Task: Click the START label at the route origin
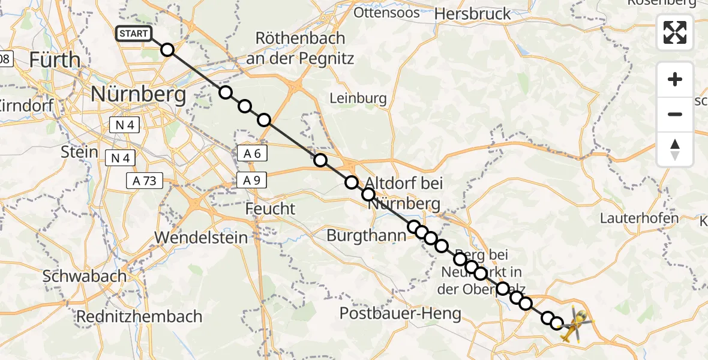point(134,34)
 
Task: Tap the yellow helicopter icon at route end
point(574,325)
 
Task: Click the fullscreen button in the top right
point(675,32)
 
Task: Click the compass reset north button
point(675,149)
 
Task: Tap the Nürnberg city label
point(138,94)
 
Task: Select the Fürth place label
point(55,60)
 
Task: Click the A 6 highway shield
point(253,153)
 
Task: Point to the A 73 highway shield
point(144,180)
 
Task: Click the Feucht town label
point(271,208)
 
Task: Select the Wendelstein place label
point(200,238)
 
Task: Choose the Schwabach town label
point(84,277)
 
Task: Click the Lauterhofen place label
point(639,218)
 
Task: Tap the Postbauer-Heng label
point(400,313)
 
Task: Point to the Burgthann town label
point(366,236)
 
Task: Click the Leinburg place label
point(358,98)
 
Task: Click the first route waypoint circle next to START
point(167,50)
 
